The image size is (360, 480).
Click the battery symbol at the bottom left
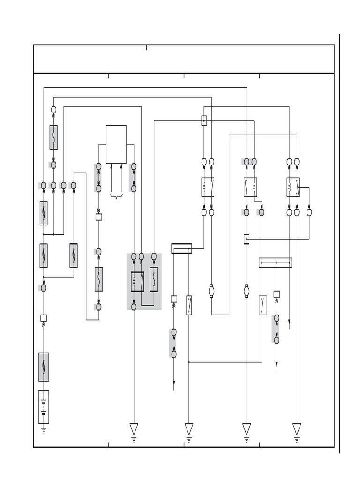[44, 407]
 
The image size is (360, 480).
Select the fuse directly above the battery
[44, 367]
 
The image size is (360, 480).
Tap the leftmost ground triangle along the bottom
[134, 429]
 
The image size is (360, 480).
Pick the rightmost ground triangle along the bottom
[297, 429]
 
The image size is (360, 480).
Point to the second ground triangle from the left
[189, 429]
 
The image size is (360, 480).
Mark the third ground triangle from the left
[247, 429]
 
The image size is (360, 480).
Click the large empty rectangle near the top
[116, 144]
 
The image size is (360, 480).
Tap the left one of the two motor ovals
[211, 291]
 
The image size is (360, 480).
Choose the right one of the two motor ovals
[247, 291]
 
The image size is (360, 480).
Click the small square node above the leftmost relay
[204, 120]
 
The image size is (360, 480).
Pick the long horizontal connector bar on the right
[275, 262]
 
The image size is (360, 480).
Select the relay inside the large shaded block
[138, 281]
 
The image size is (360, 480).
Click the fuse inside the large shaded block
[154, 279]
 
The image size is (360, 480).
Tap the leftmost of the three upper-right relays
[208, 187]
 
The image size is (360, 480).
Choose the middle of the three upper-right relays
[250, 187]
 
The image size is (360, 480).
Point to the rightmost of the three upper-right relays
[293, 187]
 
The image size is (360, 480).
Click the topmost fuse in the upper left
[53, 137]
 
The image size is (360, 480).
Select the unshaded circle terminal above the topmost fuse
[53, 110]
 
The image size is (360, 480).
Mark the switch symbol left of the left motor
[189, 305]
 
